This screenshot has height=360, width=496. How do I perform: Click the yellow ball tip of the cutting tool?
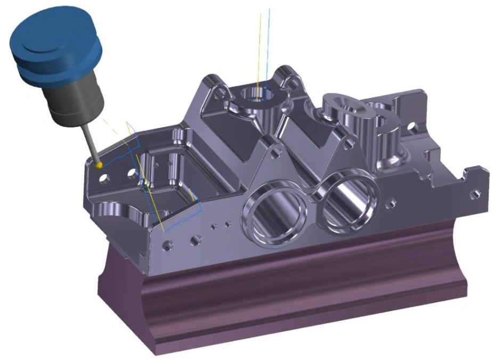[99, 165]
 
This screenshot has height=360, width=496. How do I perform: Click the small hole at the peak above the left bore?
[274, 153]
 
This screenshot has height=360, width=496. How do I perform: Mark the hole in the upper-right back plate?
[410, 127]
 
